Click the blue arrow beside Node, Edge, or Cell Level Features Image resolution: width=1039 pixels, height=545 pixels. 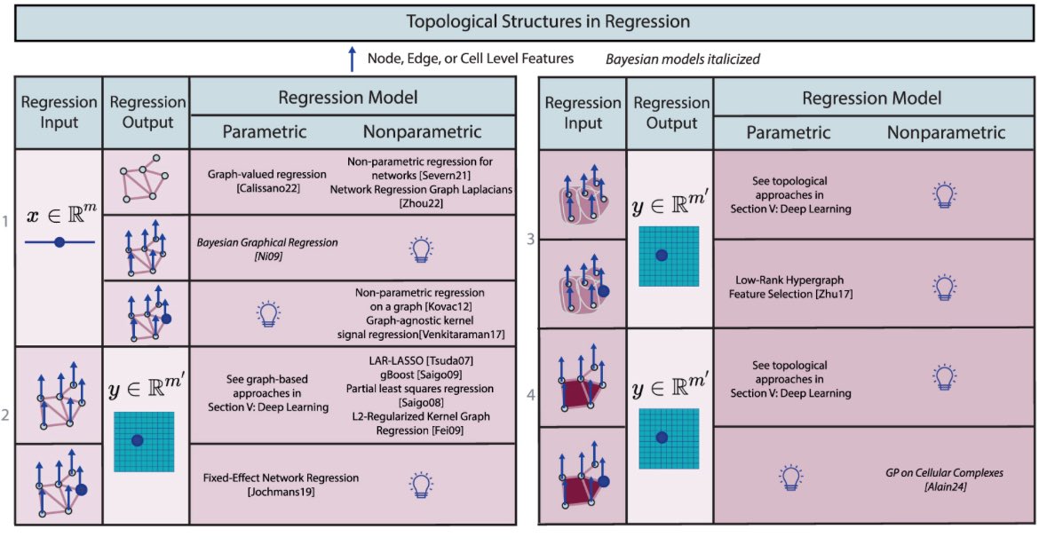coord(352,59)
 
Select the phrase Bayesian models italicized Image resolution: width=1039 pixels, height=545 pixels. coord(682,59)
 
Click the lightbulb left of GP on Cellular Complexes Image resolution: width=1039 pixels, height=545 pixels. coord(789,478)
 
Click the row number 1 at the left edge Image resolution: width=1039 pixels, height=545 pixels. coord(7,217)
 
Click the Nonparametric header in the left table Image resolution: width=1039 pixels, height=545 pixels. coord(422,132)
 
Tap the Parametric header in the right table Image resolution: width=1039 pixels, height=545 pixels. coord(789,132)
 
